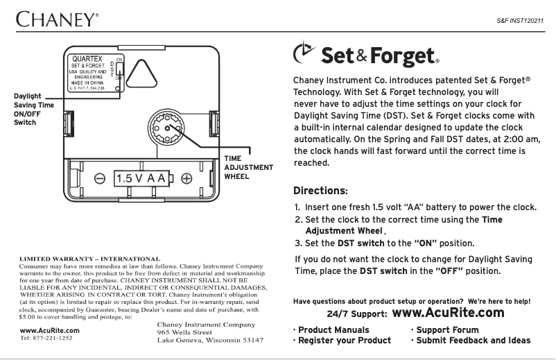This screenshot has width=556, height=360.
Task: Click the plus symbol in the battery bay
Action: (186, 178)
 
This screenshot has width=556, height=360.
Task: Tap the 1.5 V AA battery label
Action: (143, 178)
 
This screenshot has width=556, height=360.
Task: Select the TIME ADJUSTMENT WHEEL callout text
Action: (247, 167)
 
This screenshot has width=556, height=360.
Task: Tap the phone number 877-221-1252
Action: (42, 339)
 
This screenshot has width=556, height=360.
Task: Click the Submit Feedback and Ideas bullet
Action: (471, 341)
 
